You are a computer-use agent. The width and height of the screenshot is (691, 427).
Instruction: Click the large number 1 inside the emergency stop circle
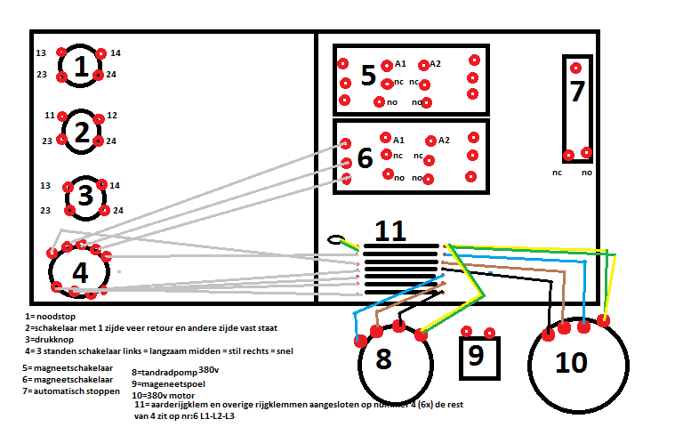coord(82,67)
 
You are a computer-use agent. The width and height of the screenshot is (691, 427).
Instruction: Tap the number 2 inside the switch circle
coord(83,133)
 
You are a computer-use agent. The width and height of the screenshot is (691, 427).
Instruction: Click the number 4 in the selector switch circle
coord(80,273)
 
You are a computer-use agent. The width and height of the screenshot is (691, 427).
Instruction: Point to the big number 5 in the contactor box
coord(368,76)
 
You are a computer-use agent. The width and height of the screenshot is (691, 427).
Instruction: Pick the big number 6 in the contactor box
coord(365,158)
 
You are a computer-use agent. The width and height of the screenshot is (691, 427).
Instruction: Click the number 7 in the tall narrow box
coord(577,92)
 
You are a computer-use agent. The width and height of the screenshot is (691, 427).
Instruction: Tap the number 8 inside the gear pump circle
coord(383,360)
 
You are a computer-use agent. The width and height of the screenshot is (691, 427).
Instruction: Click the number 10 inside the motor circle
coord(572,363)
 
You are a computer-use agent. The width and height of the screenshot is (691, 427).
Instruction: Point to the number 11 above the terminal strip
coord(390,231)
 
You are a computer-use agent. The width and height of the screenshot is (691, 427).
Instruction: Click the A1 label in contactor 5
coord(400,64)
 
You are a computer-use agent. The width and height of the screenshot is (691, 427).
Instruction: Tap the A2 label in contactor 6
coord(444,141)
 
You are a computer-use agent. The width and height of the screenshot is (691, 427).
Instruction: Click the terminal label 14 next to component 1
coord(116,53)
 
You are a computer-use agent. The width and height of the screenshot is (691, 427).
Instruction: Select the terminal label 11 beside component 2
coord(49,116)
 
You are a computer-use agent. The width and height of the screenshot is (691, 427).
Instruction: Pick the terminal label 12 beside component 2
coord(112,116)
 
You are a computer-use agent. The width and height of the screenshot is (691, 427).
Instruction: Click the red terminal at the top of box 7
coord(576,68)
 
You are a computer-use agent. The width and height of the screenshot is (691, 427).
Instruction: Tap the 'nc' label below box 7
coord(558,173)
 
